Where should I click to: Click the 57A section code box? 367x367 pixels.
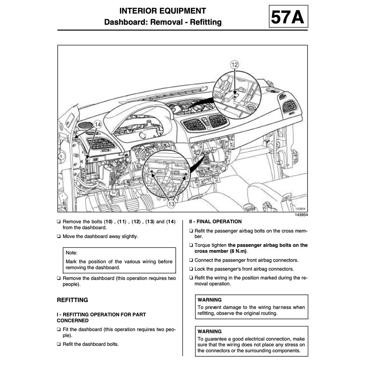tap(288, 17)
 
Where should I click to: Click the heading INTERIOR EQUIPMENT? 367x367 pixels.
tap(163, 11)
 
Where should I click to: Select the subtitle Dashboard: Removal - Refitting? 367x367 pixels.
tap(163, 22)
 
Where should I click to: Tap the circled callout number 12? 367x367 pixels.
tap(234, 65)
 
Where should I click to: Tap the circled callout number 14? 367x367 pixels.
tap(98, 124)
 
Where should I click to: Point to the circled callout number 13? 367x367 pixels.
tap(171, 204)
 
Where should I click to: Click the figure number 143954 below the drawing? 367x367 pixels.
tap(301, 215)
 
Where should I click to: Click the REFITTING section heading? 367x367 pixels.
tap(72, 300)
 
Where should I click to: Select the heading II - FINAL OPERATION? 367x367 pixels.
tap(215, 221)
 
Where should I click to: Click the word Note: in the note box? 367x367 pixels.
tap(72, 253)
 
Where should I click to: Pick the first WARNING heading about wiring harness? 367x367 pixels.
tap(210, 300)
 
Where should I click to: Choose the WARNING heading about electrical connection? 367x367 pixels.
tap(210, 332)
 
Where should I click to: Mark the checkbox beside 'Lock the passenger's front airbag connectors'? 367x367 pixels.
tap(191, 269)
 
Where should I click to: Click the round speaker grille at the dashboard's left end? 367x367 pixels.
tap(86, 125)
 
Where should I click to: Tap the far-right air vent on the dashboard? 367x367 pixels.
tap(290, 106)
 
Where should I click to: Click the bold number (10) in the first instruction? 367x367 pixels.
tap(108, 221)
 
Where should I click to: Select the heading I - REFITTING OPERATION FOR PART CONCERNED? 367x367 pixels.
tap(101, 318)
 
